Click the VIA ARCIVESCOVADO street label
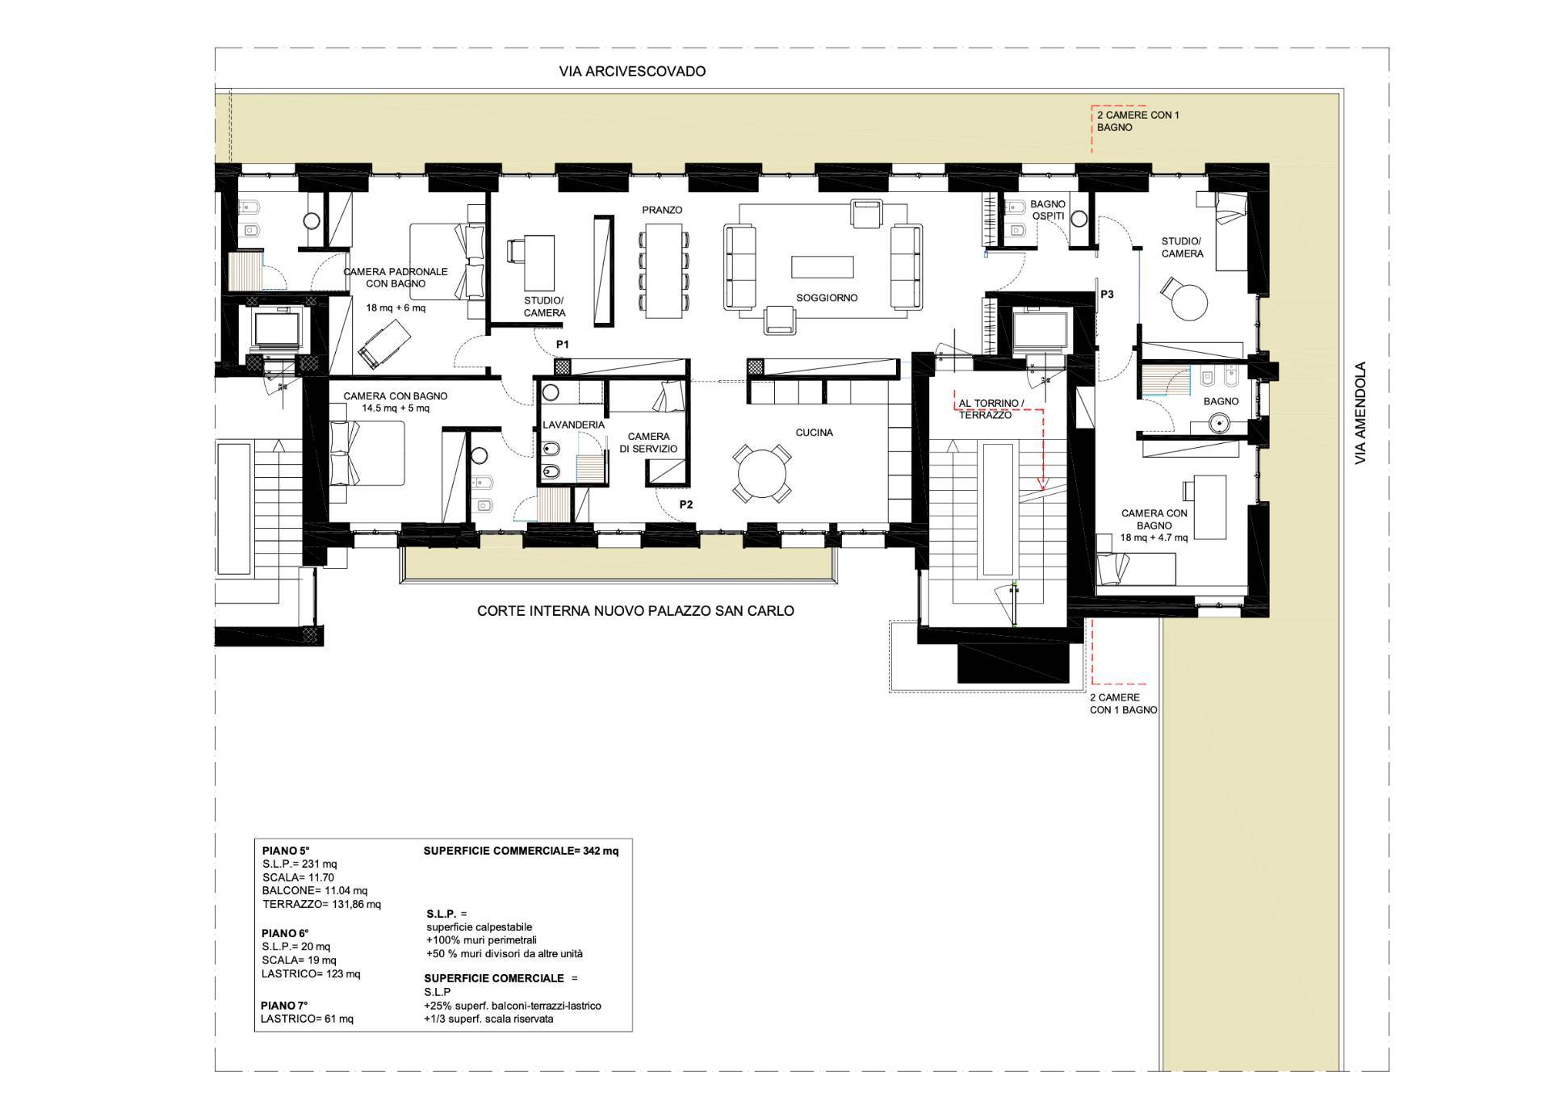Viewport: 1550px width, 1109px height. tap(632, 71)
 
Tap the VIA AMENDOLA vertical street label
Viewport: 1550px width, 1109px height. tap(1361, 412)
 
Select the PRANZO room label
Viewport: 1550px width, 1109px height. tap(662, 210)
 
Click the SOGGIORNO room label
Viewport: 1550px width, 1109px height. tap(827, 298)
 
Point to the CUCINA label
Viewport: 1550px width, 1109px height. tap(814, 433)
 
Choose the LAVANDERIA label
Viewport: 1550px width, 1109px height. tap(573, 425)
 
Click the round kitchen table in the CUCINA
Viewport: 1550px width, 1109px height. tap(761, 473)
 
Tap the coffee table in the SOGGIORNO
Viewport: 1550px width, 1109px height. tap(823, 267)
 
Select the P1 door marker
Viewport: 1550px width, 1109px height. tap(563, 345)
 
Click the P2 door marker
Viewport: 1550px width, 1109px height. tap(686, 505)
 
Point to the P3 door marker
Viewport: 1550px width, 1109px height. tap(1107, 295)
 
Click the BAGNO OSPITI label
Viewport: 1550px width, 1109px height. tap(1048, 211)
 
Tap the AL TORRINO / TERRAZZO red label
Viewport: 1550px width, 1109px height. tap(991, 409)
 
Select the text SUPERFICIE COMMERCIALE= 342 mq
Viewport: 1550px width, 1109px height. tap(522, 851)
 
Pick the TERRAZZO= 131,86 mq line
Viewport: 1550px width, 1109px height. tap(321, 904)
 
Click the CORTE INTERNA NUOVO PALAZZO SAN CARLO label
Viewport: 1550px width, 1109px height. tap(635, 611)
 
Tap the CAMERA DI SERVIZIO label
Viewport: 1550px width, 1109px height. tap(648, 442)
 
